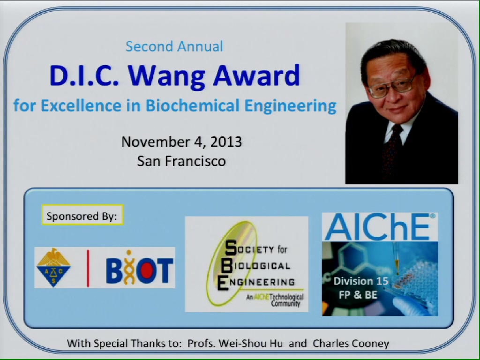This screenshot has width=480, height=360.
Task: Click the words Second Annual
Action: pos(174,46)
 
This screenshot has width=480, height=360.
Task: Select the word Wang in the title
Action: pos(166,76)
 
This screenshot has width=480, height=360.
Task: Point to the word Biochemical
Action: pos(192,105)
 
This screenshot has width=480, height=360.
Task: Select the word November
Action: pos(155,142)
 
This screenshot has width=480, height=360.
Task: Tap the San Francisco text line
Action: pos(181,161)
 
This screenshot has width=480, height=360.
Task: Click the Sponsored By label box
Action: pos(82,215)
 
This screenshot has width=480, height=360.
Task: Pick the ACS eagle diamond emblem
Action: pos(53,267)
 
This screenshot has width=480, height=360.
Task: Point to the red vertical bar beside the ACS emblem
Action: pos(88,268)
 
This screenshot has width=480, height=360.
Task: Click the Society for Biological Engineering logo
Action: pos(247,264)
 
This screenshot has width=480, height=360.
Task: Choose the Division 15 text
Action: pos(360,281)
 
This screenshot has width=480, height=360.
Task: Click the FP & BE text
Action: pos(358,295)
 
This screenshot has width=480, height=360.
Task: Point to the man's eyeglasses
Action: pos(392,87)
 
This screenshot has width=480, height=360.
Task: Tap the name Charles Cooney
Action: pos(351,344)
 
